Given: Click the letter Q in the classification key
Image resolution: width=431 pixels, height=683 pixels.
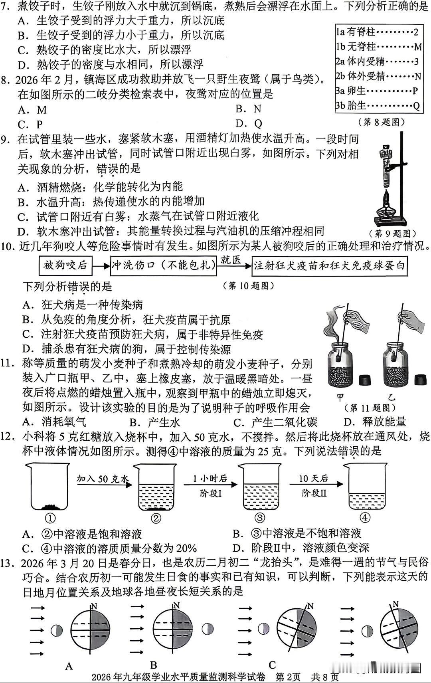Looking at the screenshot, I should [x=416, y=105].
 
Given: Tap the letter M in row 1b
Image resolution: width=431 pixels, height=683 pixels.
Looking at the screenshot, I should [x=417, y=47].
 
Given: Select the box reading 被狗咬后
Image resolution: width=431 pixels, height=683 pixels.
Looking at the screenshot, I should [x=65, y=265].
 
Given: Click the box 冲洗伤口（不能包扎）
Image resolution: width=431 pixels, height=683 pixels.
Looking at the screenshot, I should [x=163, y=265].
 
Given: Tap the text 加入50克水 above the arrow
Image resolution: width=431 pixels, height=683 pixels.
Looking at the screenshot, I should [x=103, y=479].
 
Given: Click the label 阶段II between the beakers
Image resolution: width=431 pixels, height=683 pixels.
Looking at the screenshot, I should [x=314, y=493].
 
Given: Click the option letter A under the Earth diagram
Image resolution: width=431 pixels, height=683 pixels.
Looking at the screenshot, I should [x=69, y=665].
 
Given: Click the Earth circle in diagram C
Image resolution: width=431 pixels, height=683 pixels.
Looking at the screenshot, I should [x=297, y=630].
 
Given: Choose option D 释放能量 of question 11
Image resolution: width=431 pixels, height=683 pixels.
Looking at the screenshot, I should [x=375, y=422].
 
